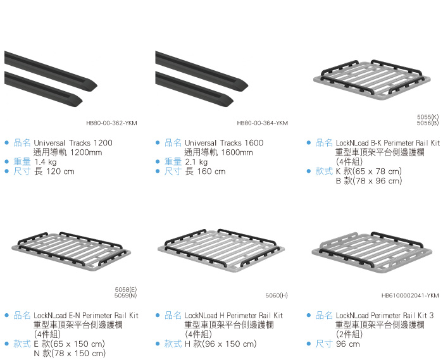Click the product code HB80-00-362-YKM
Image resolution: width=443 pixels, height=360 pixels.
[x=111, y=123]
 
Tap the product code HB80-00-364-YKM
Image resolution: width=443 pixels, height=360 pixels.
[x=262, y=123]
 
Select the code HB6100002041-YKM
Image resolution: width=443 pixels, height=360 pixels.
[x=410, y=295]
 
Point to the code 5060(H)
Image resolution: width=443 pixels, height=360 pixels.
[x=277, y=295]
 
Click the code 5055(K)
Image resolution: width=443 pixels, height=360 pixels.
[x=428, y=117]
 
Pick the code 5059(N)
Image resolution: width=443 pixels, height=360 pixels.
[x=125, y=295]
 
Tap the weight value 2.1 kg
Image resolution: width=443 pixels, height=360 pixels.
[x=196, y=162]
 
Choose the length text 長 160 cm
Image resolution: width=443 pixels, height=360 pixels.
[x=205, y=171]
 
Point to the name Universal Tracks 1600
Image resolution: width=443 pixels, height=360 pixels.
[x=224, y=143]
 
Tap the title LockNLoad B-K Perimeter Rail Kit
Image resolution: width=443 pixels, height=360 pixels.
[x=387, y=143]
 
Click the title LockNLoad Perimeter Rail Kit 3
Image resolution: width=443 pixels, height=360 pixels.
[x=385, y=315]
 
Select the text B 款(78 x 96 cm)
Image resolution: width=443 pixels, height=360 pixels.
[x=368, y=181]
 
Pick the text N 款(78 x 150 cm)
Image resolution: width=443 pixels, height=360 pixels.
[x=69, y=353]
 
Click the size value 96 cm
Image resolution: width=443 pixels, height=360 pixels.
[x=347, y=344]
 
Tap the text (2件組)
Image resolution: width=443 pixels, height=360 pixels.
[x=348, y=334]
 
